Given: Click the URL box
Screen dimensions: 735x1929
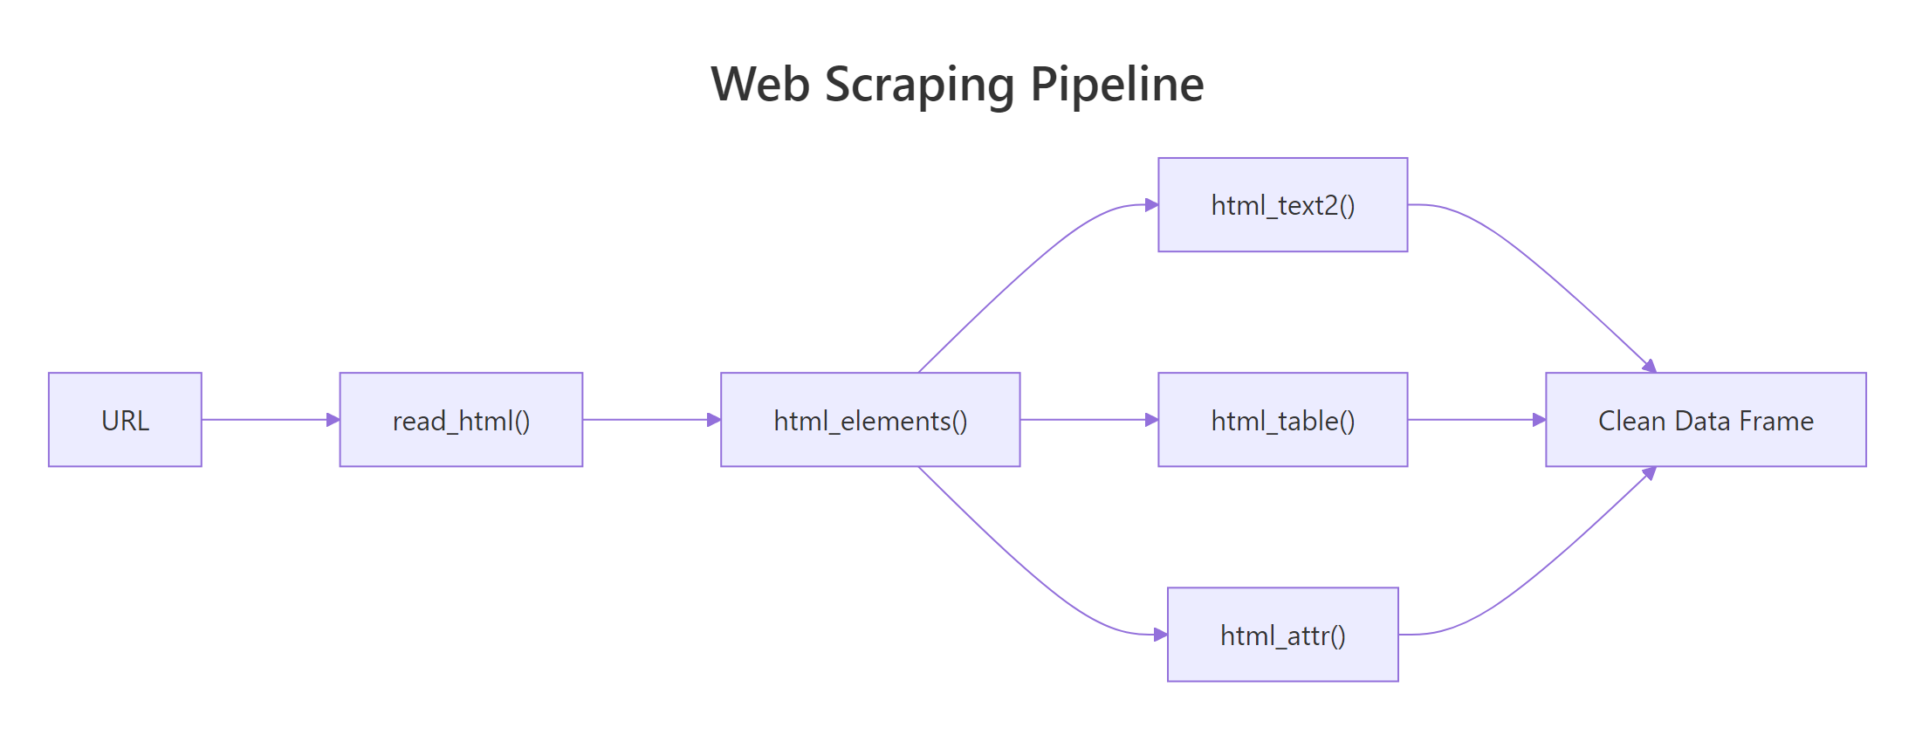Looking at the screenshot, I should [x=125, y=420].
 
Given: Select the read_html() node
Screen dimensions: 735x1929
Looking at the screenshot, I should [x=461, y=420].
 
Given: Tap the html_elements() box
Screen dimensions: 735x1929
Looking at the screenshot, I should [x=870, y=420].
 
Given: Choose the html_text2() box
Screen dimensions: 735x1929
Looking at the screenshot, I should [x=1282, y=205].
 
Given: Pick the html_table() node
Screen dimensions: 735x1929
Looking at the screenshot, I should [x=1282, y=420].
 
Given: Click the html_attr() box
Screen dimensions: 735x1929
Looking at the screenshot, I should [x=1282, y=635].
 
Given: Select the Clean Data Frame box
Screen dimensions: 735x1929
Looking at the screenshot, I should [x=1706, y=420].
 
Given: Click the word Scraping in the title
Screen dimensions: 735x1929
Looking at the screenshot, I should [x=919, y=86].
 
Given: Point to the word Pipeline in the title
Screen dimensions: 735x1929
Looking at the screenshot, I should [x=1117, y=84].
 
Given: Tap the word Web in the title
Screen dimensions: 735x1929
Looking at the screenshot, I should [x=759, y=84].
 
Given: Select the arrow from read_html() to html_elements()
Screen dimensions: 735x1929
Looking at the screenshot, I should [x=650, y=420].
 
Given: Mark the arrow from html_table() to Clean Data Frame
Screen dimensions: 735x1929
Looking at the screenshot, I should [x=1475, y=420].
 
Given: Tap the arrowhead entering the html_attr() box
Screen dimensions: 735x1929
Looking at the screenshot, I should [x=1160, y=635].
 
